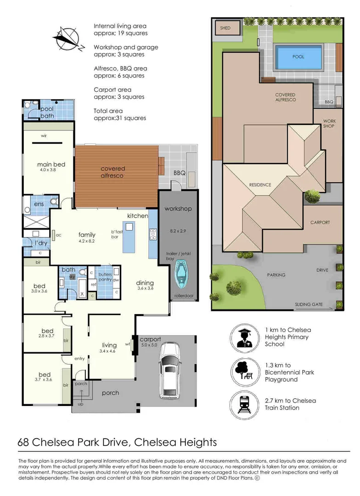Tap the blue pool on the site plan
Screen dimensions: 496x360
[x=298, y=57]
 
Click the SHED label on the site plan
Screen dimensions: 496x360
[x=225, y=28]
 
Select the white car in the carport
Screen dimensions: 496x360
[x=169, y=371]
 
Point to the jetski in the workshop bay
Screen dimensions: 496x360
[x=182, y=276]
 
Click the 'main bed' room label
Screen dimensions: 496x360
[x=51, y=164]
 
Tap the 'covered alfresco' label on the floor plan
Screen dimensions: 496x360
[x=112, y=172]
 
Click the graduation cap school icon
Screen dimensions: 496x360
[x=244, y=338]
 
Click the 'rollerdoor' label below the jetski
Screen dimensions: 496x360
[x=182, y=296]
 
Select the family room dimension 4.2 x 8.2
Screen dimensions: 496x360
[x=87, y=241]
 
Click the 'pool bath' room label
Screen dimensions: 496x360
[x=47, y=112]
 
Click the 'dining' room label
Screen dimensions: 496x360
[x=145, y=283]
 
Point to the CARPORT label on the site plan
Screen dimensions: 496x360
[x=320, y=222]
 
